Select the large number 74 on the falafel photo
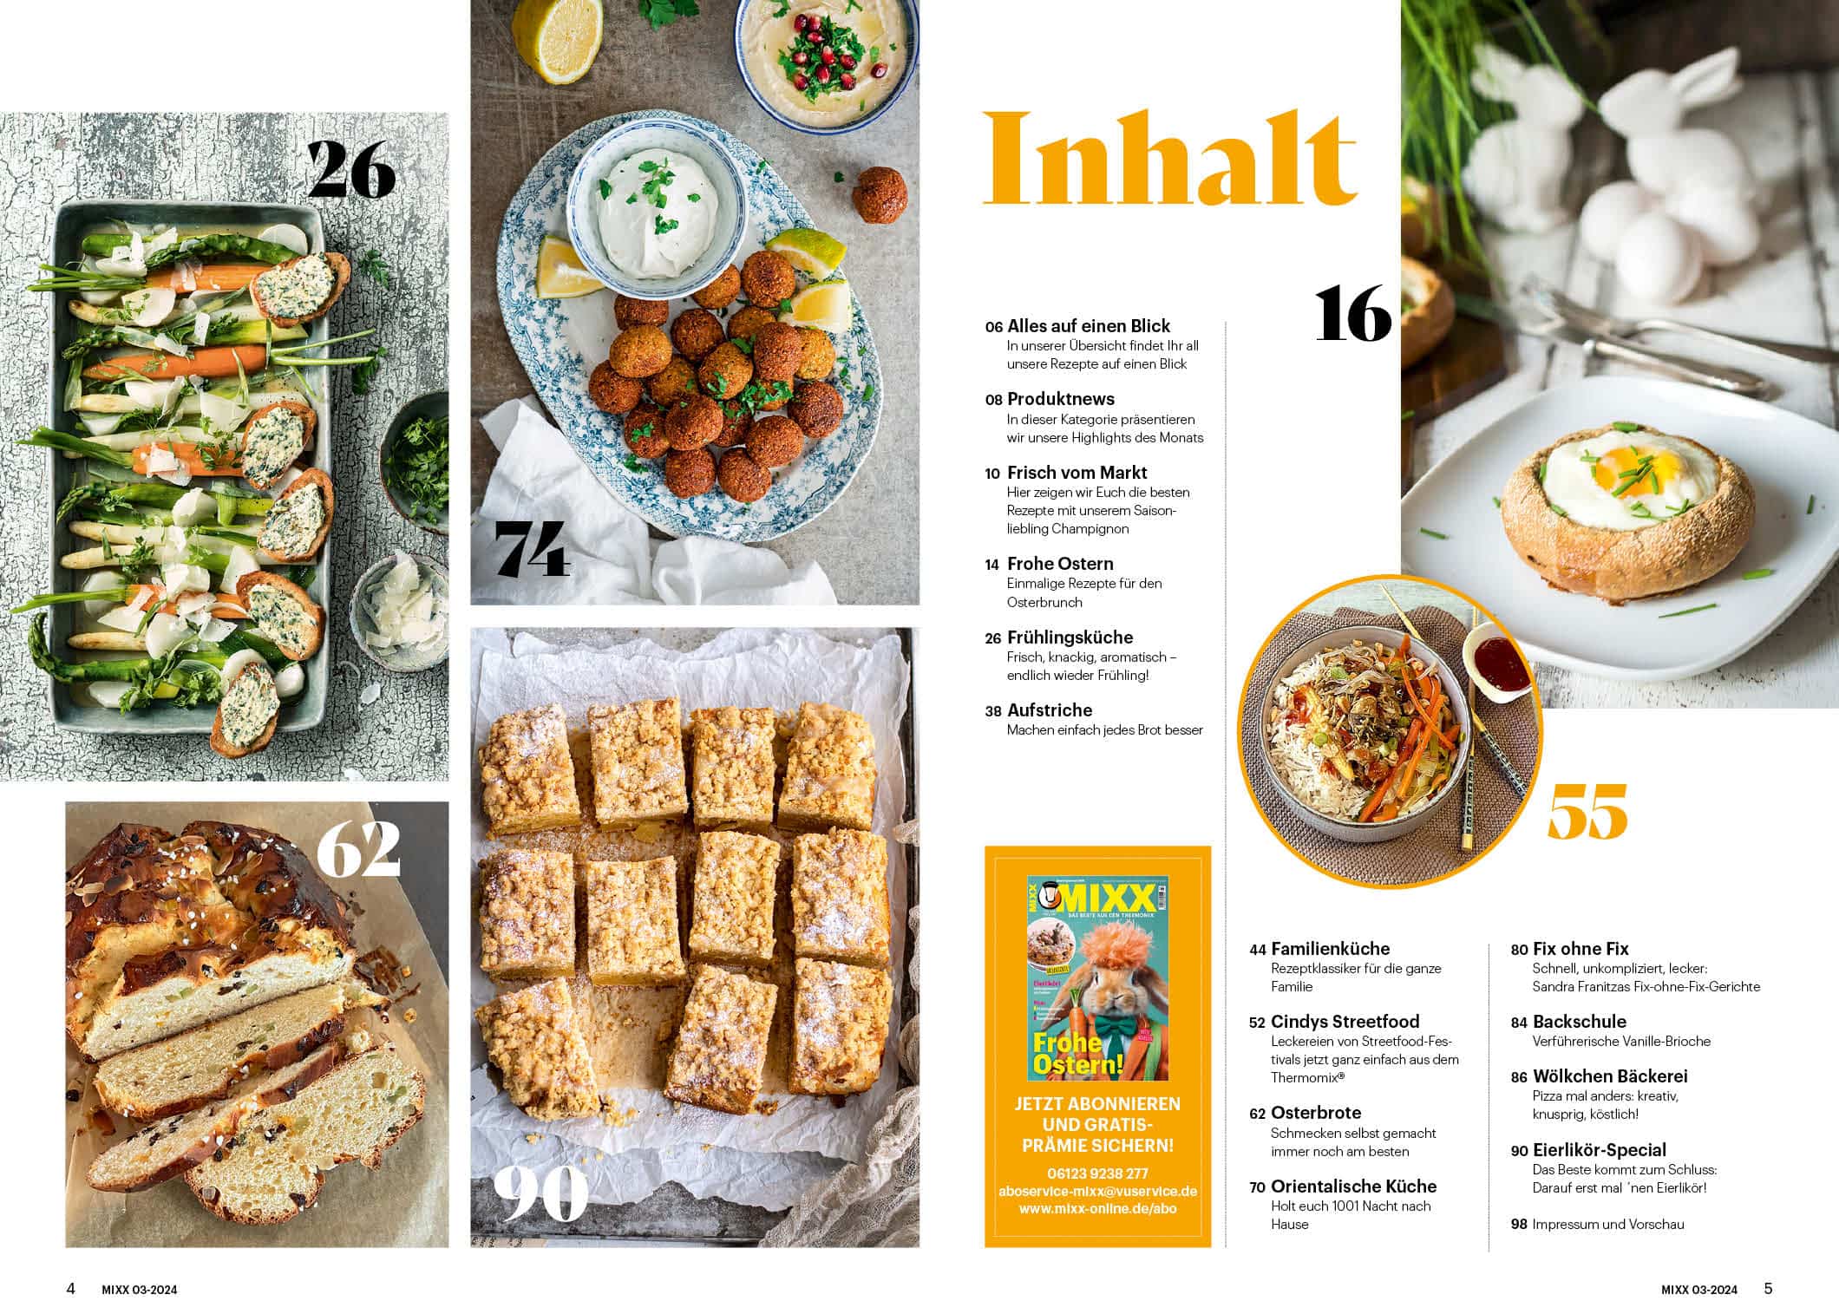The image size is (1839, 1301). pyautogui.click(x=532, y=549)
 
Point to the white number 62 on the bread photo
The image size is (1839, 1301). pyautogui.click(x=358, y=850)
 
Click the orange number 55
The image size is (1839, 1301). pyautogui.click(x=1587, y=811)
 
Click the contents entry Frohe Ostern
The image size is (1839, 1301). pyautogui.click(x=1060, y=564)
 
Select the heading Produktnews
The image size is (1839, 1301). pyautogui.click(x=1061, y=399)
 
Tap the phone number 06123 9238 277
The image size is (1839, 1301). pyautogui.click(x=1097, y=1174)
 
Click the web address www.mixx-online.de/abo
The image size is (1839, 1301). pyautogui.click(x=1097, y=1208)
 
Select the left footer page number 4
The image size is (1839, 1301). pyautogui.click(x=71, y=1288)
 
